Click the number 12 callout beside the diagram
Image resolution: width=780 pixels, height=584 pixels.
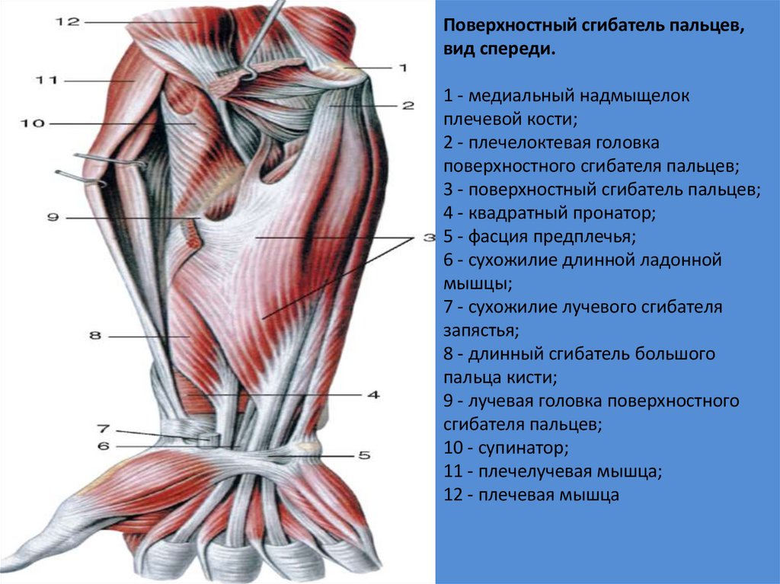(66, 22)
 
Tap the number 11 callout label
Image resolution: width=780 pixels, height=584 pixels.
(46, 78)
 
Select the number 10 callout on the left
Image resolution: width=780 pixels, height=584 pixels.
(34, 123)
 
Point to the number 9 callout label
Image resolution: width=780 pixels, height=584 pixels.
(53, 219)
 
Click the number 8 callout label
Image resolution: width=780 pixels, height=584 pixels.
(94, 335)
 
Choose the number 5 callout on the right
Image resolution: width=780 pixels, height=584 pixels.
(364, 455)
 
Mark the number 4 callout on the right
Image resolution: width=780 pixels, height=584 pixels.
(373, 395)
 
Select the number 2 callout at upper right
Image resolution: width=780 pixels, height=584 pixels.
(408, 106)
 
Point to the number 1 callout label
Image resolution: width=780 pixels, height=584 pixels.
(402, 67)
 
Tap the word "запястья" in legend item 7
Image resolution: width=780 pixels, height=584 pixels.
(479, 331)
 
